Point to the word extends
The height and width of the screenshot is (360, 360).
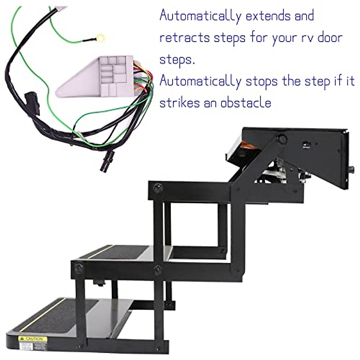(x=268, y=16)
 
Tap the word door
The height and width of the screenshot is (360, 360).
(x=330, y=37)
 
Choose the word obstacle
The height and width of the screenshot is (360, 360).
(x=246, y=103)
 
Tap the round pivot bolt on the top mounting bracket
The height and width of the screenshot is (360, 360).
(x=281, y=139)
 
